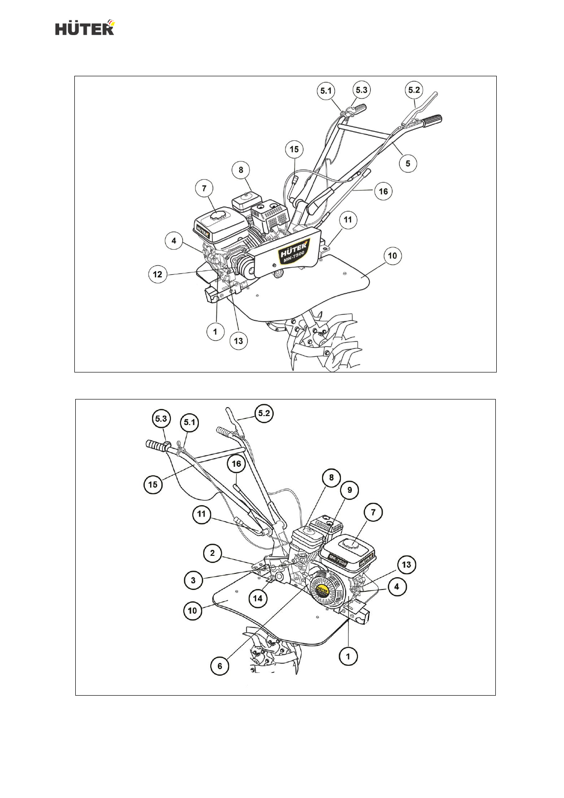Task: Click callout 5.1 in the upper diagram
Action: click(x=326, y=91)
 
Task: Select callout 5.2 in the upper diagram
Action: click(x=414, y=90)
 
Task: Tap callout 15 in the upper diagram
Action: click(x=294, y=149)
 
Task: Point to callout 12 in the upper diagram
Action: click(x=158, y=274)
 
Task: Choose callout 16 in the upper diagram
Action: click(x=383, y=191)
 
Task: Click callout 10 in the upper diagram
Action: click(x=393, y=256)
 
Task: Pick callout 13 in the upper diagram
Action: click(x=238, y=341)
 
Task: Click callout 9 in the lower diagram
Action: click(x=349, y=490)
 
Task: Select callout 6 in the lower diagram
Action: click(x=220, y=666)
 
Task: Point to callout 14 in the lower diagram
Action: click(x=258, y=598)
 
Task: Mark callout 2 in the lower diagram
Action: click(x=213, y=553)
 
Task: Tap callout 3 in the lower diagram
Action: click(x=193, y=580)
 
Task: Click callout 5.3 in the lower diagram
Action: click(x=161, y=419)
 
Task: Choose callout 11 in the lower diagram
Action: click(x=202, y=514)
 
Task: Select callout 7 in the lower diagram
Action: click(x=373, y=512)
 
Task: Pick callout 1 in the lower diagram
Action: click(x=348, y=656)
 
